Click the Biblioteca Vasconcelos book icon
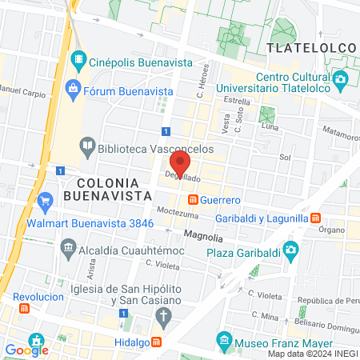pos(86,146)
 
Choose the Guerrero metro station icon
pos(192,199)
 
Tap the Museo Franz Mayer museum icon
pos(226,342)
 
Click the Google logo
pos(26,349)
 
